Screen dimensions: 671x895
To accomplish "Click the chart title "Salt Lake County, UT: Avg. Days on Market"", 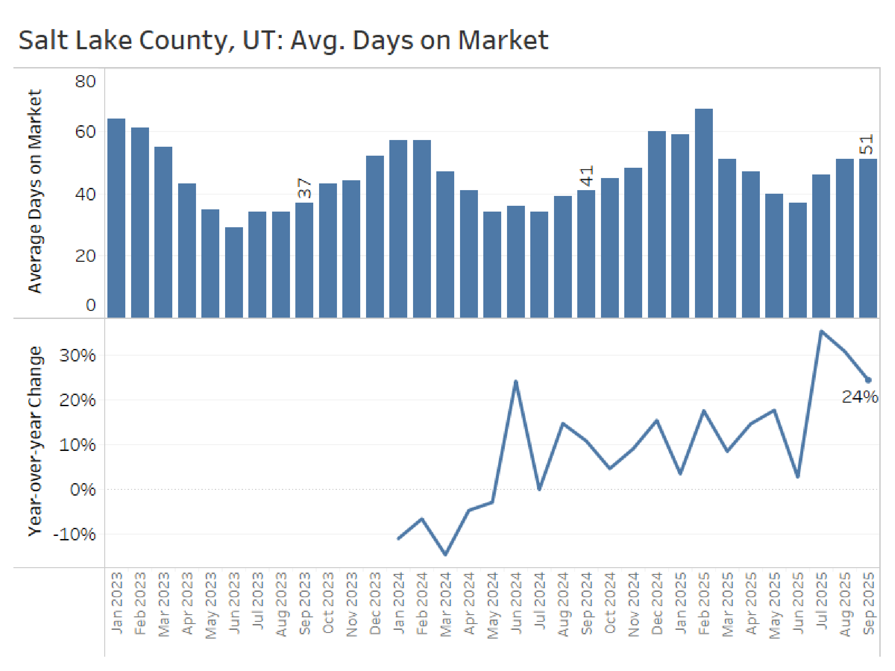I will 283,40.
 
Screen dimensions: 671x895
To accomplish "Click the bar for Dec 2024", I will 656,224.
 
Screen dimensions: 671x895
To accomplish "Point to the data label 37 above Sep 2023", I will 304,188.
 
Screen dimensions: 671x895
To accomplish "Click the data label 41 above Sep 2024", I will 586,176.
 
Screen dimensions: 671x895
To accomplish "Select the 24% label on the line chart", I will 859,397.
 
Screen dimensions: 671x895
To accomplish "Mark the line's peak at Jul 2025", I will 821,331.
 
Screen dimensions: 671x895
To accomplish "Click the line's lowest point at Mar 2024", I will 445,554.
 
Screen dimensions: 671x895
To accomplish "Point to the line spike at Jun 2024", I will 516,382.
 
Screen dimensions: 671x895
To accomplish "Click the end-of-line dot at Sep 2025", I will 869,380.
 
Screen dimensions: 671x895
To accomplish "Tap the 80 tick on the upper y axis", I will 85,81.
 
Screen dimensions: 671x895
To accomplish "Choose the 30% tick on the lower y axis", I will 77,355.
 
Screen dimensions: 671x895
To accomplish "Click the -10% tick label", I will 75,534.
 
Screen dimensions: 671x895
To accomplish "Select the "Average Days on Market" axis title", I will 35,191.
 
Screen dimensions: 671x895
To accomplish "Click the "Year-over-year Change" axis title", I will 35,441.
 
